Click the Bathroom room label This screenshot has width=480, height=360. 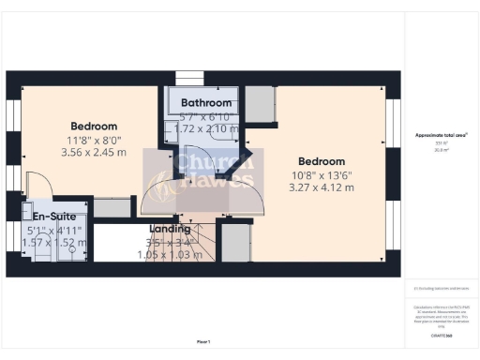(206, 102)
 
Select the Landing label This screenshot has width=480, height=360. (170, 229)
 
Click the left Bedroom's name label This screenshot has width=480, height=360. (94, 127)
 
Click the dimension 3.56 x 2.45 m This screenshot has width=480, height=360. (94, 152)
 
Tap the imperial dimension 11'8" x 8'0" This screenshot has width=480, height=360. (94, 139)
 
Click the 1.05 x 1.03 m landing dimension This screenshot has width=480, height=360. (170, 254)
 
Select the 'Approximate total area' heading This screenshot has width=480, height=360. (442, 135)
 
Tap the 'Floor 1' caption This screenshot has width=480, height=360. (203, 342)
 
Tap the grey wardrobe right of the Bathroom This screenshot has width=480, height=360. (259, 105)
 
